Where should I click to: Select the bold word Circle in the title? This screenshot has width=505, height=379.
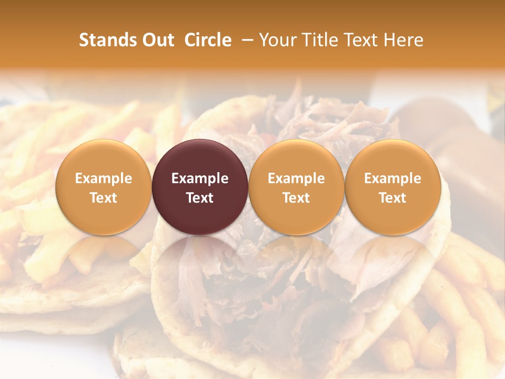point(208,40)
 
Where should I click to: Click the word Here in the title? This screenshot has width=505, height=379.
point(404,40)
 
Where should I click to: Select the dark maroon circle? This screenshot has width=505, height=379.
point(200,187)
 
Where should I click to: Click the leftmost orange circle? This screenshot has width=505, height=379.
point(104,187)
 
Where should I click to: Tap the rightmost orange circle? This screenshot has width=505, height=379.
point(392,187)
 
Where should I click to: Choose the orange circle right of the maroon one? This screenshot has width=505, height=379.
point(296,187)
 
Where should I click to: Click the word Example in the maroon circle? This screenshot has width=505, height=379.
point(200,178)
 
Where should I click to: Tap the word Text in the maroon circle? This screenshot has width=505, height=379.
point(200,198)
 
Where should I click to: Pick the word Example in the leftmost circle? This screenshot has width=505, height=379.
point(104,178)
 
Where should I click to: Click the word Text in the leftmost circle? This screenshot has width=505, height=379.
point(104,198)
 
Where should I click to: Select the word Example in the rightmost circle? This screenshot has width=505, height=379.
point(392,178)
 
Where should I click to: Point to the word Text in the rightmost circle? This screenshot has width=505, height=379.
point(392,198)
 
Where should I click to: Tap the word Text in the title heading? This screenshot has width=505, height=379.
point(359,40)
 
